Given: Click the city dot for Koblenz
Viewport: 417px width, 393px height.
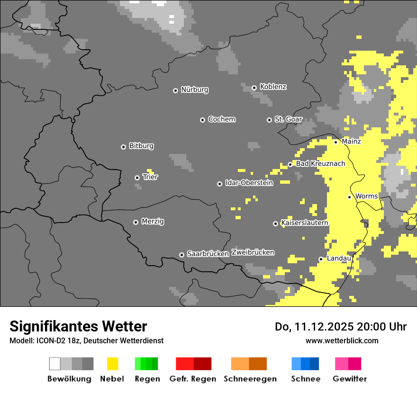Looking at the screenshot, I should pos(254,88).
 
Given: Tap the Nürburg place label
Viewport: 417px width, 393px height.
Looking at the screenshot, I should pos(195,89).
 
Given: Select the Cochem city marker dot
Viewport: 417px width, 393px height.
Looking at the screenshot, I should pos(202,120).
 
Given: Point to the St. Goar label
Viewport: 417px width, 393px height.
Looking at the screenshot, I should pos(289,119).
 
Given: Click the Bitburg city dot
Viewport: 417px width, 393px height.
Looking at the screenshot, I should pos(123,147).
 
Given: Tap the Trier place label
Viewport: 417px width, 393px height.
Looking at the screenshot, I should pos(150,177).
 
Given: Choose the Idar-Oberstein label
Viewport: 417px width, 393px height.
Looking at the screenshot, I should pos(249,183).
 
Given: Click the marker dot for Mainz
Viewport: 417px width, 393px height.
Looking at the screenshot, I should pos(335,142).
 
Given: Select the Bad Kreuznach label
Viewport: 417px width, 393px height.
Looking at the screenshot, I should pos(320,164).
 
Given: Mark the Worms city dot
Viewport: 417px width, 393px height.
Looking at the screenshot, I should pos(349,197).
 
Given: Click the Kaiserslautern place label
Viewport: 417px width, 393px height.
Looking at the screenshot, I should pos(305,223).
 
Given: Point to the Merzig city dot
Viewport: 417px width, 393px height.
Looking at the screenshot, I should pos(136,222).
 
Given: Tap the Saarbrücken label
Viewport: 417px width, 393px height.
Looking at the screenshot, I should pos(208,254).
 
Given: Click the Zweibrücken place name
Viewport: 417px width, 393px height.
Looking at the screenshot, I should pos(253,252).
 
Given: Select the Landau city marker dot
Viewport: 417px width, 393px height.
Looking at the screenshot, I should pos(321,259).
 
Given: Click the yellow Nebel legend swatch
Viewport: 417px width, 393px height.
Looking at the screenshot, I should pos(113,364).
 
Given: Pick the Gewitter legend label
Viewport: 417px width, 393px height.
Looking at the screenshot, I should pos(349,379).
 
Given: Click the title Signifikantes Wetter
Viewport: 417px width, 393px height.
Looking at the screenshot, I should pos(78,326).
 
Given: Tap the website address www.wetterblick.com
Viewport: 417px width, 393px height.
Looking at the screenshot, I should pos(342,340).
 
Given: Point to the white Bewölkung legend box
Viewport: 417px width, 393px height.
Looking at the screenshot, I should pos(55,364).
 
